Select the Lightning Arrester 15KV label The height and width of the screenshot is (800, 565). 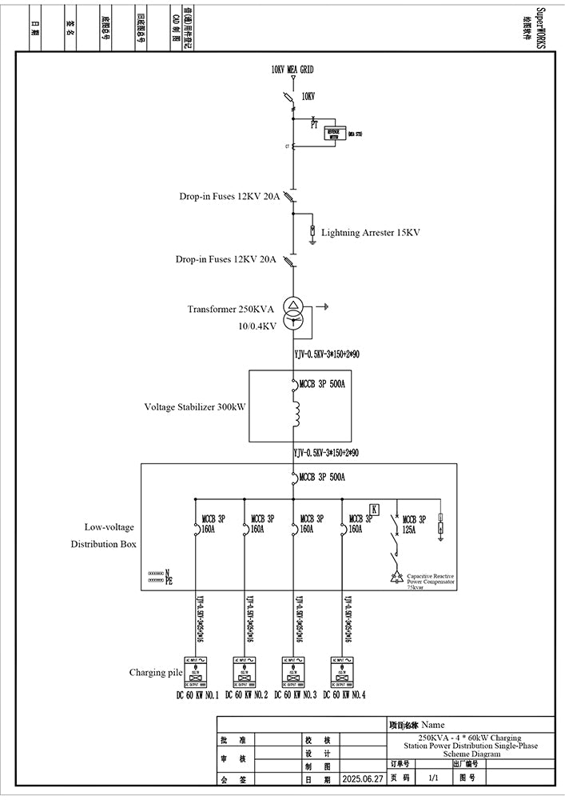pyautogui.click(x=370, y=233)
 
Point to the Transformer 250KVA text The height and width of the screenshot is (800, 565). pyautogui.click(x=231, y=309)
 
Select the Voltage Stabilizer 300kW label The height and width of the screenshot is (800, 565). pyautogui.click(x=194, y=407)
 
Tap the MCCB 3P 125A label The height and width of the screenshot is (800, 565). pyautogui.click(x=415, y=524)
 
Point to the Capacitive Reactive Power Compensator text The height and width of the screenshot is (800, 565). pyautogui.click(x=430, y=581)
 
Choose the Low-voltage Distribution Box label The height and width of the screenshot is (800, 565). pyautogui.click(x=110, y=535)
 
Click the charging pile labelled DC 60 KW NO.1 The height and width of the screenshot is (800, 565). pyautogui.click(x=195, y=671)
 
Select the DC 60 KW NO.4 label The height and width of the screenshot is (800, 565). pyautogui.click(x=344, y=695)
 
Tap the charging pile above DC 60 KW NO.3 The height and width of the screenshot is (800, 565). pyautogui.click(x=293, y=671)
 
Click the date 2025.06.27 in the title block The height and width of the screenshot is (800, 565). pyautogui.click(x=363, y=778)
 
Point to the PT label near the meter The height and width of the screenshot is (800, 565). pyautogui.click(x=314, y=124)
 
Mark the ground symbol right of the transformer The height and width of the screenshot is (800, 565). pyautogui.click(x=325, y=306)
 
